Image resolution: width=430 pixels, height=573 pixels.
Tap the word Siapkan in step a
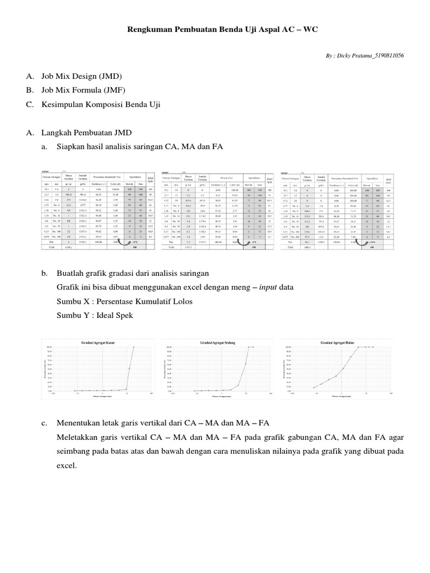click(70, 147)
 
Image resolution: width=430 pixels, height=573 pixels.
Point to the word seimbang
click(73, 452)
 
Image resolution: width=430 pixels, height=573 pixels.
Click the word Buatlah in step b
click(71, 274)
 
